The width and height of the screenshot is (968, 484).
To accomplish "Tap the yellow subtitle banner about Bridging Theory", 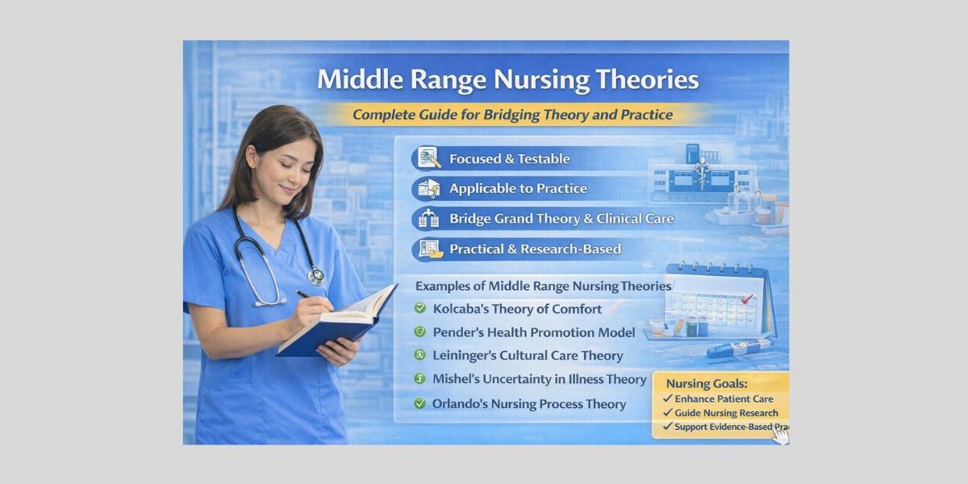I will pos(512,115).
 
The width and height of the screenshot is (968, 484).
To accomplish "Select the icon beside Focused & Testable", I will pos(428,158).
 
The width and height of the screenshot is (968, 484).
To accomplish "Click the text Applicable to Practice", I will pos(518,189).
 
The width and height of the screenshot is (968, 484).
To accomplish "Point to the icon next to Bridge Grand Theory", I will pos(428,219).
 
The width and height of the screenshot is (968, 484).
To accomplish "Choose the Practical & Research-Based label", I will pos(535,248).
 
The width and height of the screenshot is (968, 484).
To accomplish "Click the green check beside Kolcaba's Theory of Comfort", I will pos(419,308).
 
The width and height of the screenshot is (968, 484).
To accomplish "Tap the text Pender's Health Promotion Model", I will pos(534,332).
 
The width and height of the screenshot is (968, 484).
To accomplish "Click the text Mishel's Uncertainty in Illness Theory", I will pos(540,379).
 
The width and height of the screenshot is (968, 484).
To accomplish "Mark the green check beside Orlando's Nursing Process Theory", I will pos(419,403).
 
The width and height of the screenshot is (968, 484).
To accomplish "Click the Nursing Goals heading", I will pos(706,383).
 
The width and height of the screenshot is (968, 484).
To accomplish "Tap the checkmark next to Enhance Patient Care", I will pos(667,399).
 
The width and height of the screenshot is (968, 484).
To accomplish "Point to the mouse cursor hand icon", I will pos(779,435).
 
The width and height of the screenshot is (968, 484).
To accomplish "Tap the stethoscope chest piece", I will pos(315,276).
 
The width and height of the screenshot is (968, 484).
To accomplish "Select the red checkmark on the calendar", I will pos(747,298).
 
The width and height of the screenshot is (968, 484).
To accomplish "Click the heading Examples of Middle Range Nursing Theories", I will pos(543,286).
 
